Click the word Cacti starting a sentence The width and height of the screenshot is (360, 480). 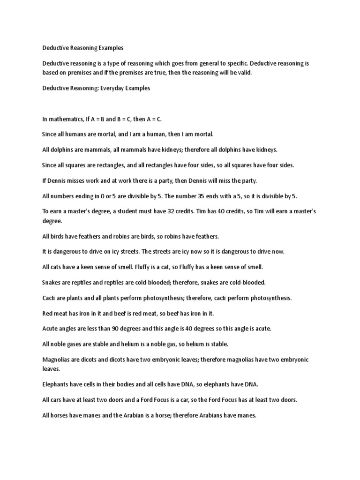49,298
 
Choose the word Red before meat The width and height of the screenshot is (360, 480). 47,313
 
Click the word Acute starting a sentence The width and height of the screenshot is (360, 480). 50,329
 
